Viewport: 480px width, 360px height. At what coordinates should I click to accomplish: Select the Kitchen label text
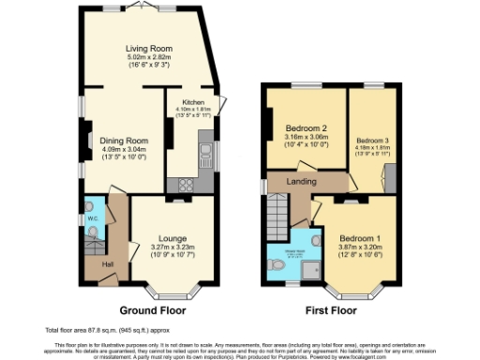click(193, 102)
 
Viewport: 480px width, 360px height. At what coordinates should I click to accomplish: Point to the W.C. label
click(93, 219)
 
